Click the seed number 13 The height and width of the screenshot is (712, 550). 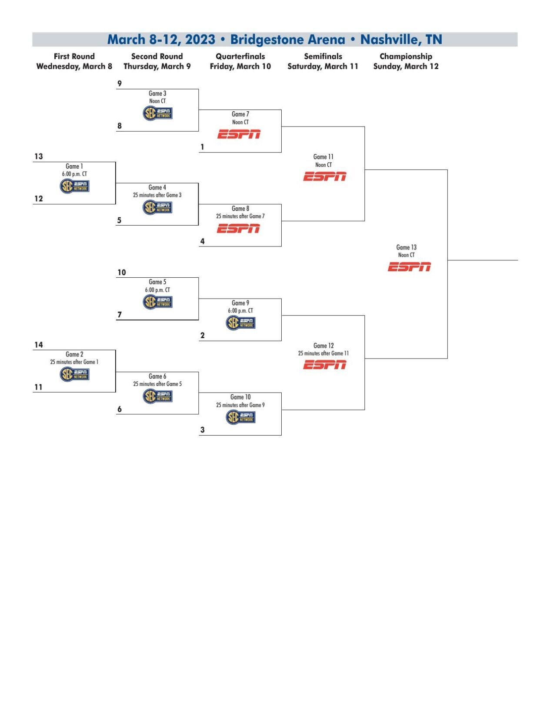[x=39, y=156]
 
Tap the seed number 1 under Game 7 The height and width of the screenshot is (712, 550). [x=202, y=147]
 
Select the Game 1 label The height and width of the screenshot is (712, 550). [x=74, y=166]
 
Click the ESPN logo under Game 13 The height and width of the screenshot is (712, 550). [x=409, y=267]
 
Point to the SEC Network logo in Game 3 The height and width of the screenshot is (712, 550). [x=157, y=113]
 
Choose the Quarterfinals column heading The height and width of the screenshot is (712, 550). [x=240, y=56]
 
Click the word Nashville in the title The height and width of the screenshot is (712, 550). [x=389, y=40]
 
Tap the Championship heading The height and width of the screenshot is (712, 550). [x=406, y=56]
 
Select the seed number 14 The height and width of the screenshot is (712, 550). [x=39, y=345]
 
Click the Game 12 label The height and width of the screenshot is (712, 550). [x=323, y=346]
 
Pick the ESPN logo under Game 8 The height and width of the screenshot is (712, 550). [x=238, y=229]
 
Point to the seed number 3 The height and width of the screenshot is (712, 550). [x=202, y=430]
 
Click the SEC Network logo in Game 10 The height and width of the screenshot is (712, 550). [x=240, y=417]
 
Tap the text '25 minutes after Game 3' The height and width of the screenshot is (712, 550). [x=157, y=195]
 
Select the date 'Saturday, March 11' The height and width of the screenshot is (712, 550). [x=323, y=67]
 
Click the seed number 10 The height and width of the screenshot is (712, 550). [x=122, y=273]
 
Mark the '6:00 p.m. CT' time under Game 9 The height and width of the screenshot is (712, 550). [x=240, y=311]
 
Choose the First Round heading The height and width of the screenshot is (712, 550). [x=74, y=56]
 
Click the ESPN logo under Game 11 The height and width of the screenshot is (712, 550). [x=325, y=176]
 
